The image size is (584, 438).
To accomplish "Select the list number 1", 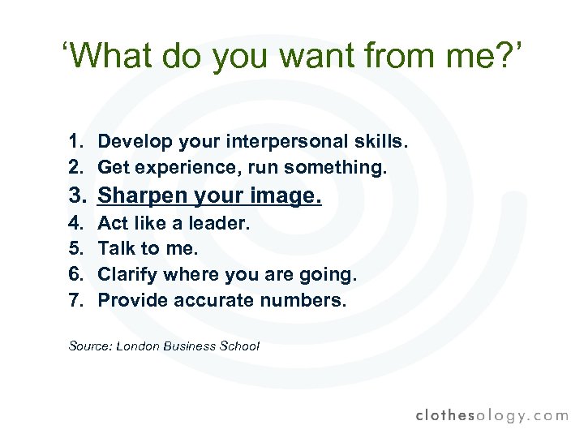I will tap(76, 142).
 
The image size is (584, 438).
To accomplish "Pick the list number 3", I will tap(77, 195).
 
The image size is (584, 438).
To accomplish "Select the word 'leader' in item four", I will tap(220, 222).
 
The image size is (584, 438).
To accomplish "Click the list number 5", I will tap(76, 248).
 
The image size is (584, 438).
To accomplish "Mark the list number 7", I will tap(76, 300).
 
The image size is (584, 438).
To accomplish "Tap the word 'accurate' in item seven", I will tap(211, 300).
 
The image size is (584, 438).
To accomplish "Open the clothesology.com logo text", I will tap(492, 414).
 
